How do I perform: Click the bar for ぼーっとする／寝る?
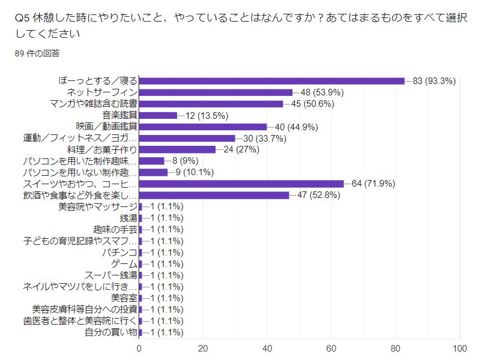271,81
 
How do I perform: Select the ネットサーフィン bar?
216,92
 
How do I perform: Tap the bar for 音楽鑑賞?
158,115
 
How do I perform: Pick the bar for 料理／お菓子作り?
177,149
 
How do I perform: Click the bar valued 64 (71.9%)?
241,184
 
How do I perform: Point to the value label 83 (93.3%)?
435,81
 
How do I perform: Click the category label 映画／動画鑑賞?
107,127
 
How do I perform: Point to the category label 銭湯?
129,218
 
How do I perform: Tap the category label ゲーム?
124,263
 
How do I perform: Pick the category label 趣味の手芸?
115,229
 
